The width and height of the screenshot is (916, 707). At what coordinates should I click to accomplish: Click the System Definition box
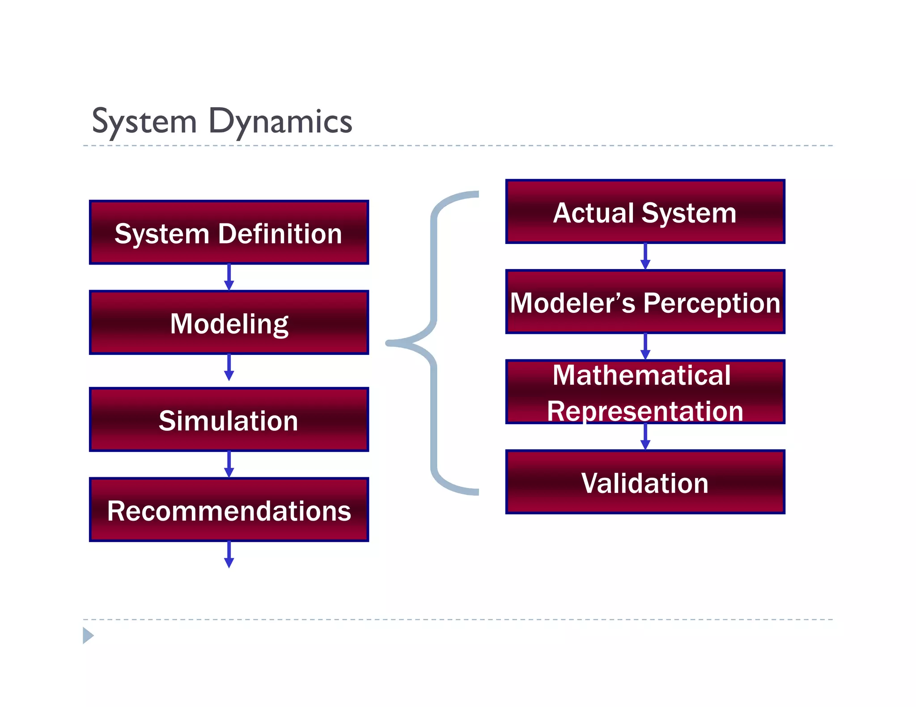(229, 232)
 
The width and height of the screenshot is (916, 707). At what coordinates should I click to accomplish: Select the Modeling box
(229, 323)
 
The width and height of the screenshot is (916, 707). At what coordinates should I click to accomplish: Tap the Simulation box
(229, 420)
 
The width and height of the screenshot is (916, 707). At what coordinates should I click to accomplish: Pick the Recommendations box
(229, 510)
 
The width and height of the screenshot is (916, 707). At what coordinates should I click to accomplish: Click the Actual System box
(645, 212)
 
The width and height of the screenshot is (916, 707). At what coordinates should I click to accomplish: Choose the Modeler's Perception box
(645, 302)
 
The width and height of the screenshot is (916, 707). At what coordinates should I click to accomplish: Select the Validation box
(645, 482)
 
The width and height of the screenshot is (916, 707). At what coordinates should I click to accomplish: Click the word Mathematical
(641, 375)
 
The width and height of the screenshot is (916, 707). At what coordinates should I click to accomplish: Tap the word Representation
(645, 411)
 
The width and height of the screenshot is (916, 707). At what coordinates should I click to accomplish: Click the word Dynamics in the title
(280, 122)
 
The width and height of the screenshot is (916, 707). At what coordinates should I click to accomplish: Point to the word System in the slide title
(144, 122)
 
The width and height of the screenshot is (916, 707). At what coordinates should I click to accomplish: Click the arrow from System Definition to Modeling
(229, 277)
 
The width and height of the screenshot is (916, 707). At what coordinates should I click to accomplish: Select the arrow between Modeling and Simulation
(229, 367)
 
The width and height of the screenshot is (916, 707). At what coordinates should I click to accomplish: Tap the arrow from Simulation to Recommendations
(229, 464)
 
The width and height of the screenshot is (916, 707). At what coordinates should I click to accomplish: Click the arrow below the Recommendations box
(229, 555)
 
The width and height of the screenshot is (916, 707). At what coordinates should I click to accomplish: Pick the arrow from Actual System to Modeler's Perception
(645, 257)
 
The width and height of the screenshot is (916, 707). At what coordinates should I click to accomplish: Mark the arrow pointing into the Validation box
(645, 437)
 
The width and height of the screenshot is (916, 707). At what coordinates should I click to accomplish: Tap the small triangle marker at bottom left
(88, 635)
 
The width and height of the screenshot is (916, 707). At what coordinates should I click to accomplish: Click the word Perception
(711, 303)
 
